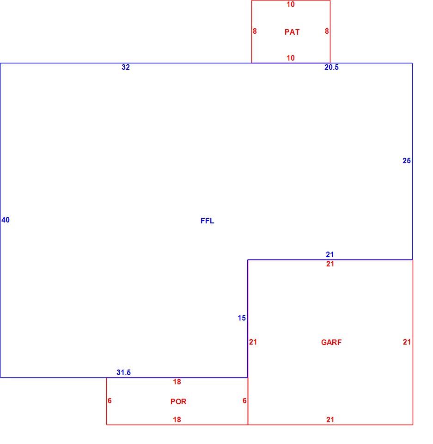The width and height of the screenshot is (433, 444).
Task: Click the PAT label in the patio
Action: click(292, 32)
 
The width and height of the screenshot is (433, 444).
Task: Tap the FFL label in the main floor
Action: click(207, 221)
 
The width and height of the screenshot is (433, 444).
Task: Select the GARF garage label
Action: click(331, 342)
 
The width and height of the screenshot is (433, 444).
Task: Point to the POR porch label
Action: click(178, 401)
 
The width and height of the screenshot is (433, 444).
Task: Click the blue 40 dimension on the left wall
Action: click(6, 220)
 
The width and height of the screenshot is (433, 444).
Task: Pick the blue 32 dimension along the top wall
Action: click(126, 67)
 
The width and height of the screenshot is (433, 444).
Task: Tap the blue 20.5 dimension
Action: click(331, 67)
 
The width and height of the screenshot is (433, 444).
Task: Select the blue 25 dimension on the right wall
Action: click(406, 161)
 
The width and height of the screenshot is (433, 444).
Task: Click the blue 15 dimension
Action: click(241, 318)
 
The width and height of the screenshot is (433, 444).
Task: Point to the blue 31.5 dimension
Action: click(123, 372)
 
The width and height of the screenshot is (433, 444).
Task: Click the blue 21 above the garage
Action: click(329, 254)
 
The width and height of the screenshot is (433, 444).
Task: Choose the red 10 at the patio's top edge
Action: click(290, 5)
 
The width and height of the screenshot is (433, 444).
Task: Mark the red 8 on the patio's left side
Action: click(255, 31)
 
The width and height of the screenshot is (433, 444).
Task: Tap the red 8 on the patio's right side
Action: click(327, 31)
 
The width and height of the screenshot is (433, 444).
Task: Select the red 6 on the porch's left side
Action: click(110, 401)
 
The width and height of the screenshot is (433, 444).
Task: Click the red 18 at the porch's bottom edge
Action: click(177, 419)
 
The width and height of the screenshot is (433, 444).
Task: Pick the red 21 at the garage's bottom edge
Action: click(330, 419)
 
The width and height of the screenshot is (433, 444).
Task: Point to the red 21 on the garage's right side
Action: click(407, 342)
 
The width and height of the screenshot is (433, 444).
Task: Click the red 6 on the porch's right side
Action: click(244, 401)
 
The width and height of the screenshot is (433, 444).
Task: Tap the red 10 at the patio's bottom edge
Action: click(290, 58)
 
